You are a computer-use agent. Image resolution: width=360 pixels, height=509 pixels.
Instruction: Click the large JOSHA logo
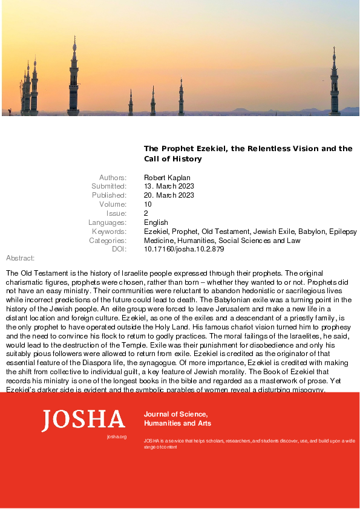point(83,420)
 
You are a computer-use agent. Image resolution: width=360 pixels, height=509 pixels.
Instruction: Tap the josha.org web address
point(116,436)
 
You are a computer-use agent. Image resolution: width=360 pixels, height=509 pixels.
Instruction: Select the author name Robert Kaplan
point(167,177)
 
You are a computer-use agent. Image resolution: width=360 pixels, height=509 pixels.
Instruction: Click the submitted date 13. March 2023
point(169,186)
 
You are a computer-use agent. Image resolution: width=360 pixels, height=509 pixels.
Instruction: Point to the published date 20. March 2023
point(169,195)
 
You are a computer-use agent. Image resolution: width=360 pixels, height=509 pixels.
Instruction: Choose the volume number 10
point(148,204)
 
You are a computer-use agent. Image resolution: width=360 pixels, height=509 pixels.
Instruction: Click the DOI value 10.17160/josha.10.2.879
point(183,249)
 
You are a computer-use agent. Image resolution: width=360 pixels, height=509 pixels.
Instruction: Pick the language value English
point(156,222)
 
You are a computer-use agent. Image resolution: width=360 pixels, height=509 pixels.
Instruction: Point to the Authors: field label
point(113,177)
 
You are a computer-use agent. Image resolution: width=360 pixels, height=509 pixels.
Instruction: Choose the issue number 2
point(146,213)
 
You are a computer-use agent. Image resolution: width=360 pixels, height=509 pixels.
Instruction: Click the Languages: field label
point(107,222)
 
